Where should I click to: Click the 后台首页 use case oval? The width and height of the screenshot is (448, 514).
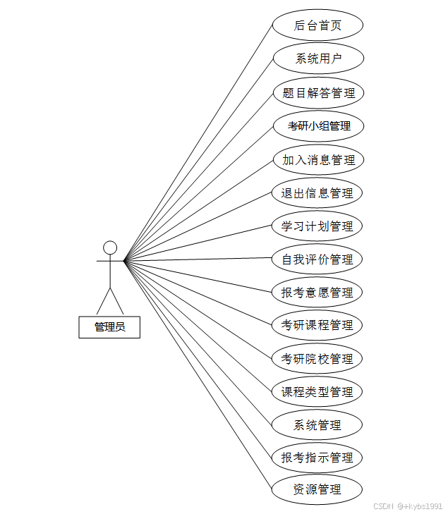[x=317, y=25]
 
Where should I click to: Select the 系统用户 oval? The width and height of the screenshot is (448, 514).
[x=317, y=59]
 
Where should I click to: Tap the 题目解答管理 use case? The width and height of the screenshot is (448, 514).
[x=317, y=92]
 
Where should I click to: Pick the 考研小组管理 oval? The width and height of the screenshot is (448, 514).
[x=317, y=126]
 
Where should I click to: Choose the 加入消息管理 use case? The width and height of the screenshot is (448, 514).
[x=317, y=159]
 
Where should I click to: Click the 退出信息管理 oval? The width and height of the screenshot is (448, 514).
[x=317, y=192]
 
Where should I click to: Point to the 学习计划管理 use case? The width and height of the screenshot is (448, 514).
[x=317, y=226]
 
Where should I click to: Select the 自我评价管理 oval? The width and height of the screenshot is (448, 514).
[x=317, y=259]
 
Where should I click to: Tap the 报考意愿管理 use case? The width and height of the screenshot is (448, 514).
[x=317, y=292]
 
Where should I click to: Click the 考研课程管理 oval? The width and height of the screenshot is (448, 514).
[x=317, y=325]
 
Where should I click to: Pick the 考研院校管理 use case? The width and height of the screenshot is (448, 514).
[x=317, y=358]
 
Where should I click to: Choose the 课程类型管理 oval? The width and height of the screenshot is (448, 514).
[x=317, y=391]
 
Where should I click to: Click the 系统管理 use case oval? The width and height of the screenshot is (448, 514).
[x=317, y=424]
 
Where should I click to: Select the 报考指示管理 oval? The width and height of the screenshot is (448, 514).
[x=317, y=458]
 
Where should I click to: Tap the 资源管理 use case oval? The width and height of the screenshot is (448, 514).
[x=317, y=489]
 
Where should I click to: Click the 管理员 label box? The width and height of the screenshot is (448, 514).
[x=109, y=326]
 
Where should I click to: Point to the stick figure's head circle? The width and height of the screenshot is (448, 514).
[x=110, y=247]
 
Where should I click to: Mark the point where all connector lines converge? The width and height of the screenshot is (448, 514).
[x=124, y=261]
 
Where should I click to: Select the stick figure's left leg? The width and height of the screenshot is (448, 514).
[x=103, y=301]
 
